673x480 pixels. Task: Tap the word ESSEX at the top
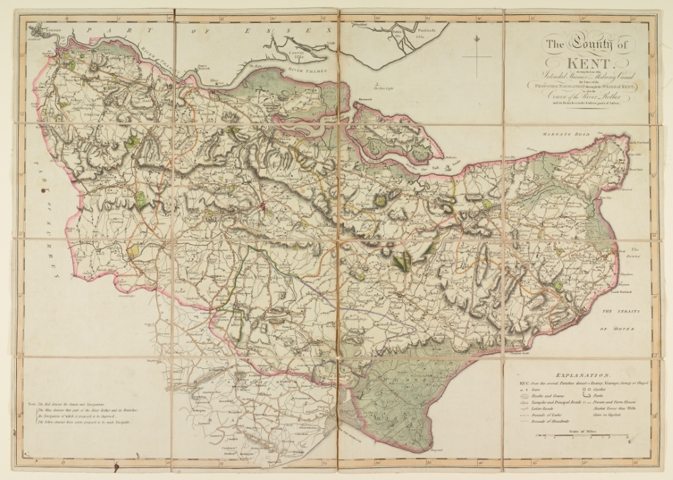pyautogui.click(x=306, y=31)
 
